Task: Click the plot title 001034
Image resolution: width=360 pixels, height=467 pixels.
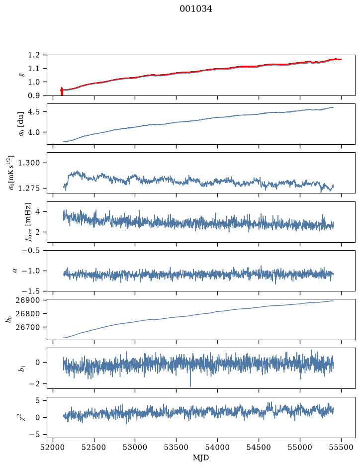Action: (195, 9)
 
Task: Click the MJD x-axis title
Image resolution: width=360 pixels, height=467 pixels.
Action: (201, 458)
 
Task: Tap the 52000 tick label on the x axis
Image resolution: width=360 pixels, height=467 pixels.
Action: (53, 447)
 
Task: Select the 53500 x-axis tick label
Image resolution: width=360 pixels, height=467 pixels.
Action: (177, 447)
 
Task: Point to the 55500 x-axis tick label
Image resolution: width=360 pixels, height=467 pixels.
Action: (341, 447)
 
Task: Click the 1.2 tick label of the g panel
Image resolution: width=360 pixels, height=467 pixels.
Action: (34, 55)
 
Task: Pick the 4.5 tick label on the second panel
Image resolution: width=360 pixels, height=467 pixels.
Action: (34, 112)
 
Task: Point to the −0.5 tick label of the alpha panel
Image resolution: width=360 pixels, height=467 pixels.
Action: (31, 250)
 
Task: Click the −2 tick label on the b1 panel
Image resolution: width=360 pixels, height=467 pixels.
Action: (34, 384)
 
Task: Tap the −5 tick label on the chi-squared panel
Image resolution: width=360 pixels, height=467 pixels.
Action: (34, 435)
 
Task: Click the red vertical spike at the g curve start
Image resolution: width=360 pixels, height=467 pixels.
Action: (62, 92)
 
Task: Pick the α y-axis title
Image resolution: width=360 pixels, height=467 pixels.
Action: (15, 271)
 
